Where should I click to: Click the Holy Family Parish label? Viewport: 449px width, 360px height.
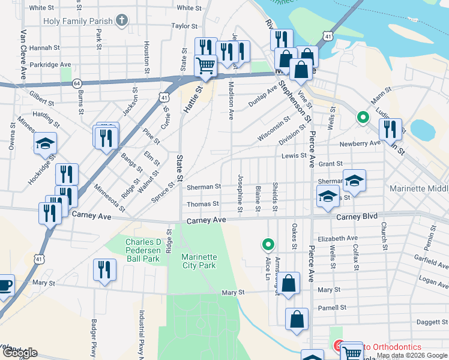click(x=77, y=21)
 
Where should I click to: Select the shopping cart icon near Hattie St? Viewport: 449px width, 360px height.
click(x=206, y=65)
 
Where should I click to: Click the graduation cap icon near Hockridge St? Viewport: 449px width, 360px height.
click(x=44, y=143)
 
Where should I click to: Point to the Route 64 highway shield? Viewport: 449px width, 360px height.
click(x=76, y=83)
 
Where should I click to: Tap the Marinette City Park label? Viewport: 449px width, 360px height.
click(x=199, y=261)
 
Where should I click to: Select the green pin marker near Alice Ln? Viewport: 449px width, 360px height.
click(x=268, y=244)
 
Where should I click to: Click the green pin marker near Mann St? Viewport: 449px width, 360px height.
click(x=363, y=118)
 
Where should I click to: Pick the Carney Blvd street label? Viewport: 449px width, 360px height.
click(x=356, y=217)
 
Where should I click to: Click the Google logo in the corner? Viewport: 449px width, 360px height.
click(x=19, y=353)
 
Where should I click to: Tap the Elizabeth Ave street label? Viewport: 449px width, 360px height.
click(x=338, y=238)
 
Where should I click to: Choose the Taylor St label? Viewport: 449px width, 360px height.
click(x=184, y=26)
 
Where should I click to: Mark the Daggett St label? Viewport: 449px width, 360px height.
click(x=427, y=323)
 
